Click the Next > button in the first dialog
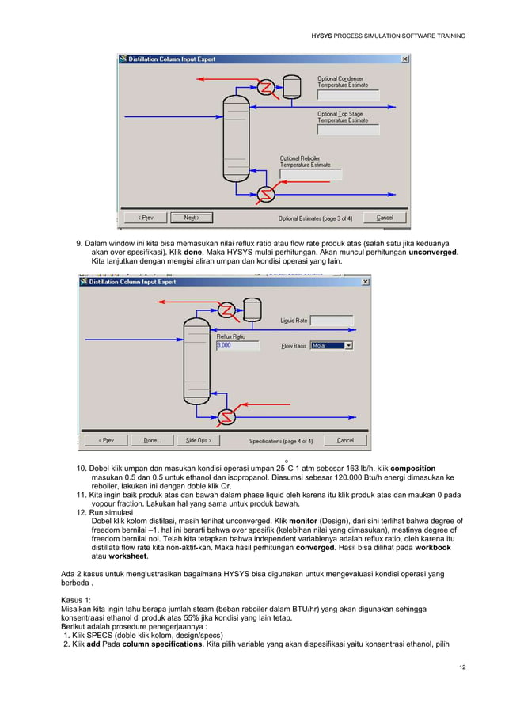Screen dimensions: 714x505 click(192, 218)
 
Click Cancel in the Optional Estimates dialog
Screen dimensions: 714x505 click(385, 218)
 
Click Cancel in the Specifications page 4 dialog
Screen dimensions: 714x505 click(345, 440)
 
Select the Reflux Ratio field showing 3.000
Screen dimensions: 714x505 click(236, 345)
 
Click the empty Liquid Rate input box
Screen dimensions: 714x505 click(331, 321)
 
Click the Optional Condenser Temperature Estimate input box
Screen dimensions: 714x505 click(347, 95)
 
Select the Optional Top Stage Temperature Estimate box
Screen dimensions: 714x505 click(347, 130)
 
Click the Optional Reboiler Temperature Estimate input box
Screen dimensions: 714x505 click(310, 174)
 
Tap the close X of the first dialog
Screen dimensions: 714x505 click(405, 59)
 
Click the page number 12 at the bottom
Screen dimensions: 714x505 click(461, 667)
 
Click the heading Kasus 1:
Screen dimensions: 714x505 click(78, 599)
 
